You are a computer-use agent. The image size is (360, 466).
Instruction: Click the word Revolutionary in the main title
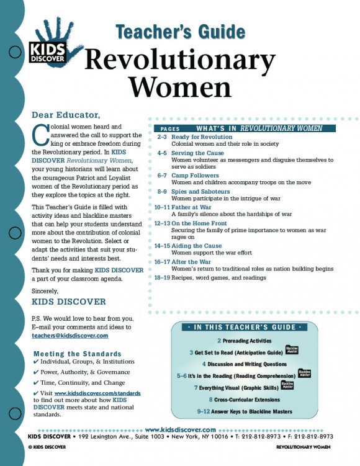pyautogui.click(x=179, y=60)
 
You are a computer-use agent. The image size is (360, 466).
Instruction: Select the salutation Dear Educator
pyautogui.click(x=74, y=115)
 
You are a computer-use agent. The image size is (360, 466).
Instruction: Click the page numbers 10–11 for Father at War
pyautogui.click(x=161, y=207)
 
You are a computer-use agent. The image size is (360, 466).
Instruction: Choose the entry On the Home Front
pyautogui.click(x=200, y=222)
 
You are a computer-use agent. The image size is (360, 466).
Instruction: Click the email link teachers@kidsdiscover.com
pyautogui.click(x=70, y=335)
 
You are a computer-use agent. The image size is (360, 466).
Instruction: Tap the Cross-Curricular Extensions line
pyautogui.click(x=250, y=400)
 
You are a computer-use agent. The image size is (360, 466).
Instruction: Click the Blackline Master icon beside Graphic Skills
pyautogui.click(x=287, y=386)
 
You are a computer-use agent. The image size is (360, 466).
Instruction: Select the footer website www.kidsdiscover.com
pyautogui.click(x=180, y=429)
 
